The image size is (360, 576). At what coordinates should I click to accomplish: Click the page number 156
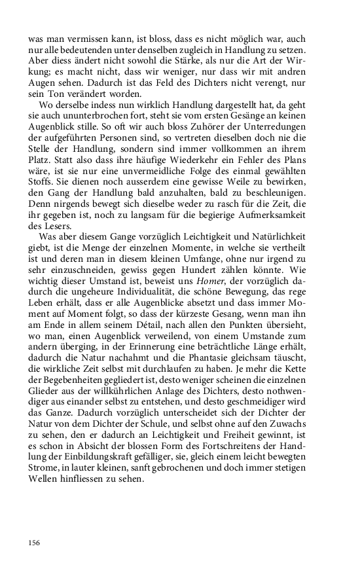35,542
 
